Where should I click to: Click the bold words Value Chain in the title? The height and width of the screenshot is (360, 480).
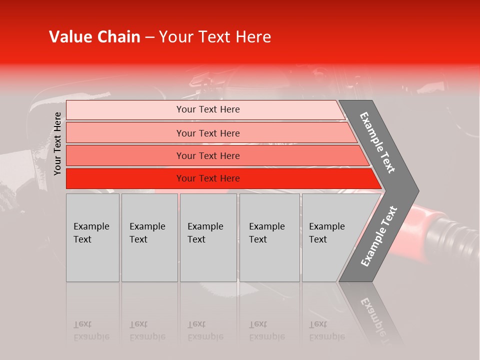click(x=94, y=37)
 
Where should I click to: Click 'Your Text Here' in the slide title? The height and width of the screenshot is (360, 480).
click(x=215, y=37)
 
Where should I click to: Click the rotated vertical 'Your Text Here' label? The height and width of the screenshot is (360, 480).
click(x=57, y=143)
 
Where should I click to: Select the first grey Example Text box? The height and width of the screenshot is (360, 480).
click(x=92, y=237)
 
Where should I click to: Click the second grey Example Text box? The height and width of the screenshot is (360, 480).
click(x=149, y=237)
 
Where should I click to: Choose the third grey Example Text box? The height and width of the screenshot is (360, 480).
click(x=208, y=237)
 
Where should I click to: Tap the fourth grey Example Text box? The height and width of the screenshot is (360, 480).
click(x=270, y=237)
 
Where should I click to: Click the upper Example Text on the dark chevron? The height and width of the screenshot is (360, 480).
click(x=378, y=142)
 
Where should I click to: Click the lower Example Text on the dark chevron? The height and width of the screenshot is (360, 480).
click(x=379, y=236)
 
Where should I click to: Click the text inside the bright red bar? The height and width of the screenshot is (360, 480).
click(x=208, y=178)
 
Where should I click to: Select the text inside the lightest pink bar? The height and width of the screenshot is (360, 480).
click(x=208, y=109)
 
